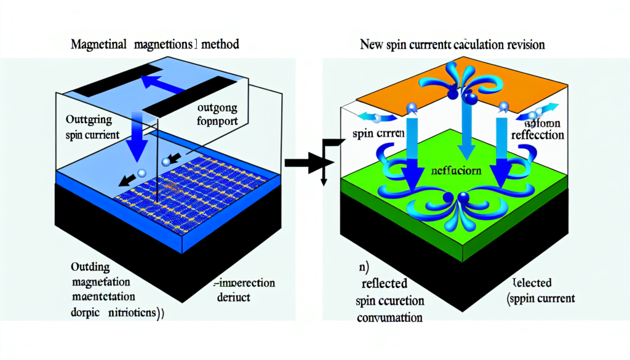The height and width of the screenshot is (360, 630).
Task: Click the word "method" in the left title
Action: (x=220, y=45)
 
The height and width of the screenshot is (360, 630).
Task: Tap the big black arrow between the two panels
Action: (x=308, y=163)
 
